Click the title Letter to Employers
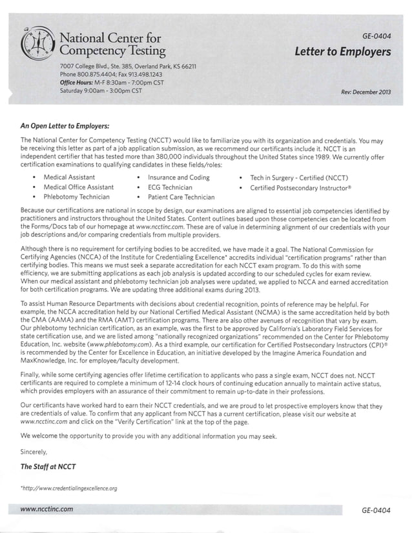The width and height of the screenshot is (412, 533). tap(343, 51)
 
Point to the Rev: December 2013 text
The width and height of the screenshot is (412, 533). tap(366, 92)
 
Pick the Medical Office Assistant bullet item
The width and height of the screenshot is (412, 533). tap(78, 187)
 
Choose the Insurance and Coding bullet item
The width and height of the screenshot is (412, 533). tap(179, 177)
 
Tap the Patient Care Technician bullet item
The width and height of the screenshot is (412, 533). tap(181, 197)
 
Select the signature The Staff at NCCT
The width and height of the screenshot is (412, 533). tap(49, 467)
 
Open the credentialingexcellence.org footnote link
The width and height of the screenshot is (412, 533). tap(69, 488)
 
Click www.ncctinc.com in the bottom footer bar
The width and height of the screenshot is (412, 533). tap(46, 509)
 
